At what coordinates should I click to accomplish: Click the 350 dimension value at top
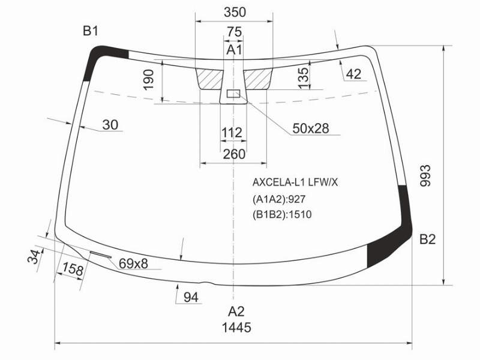(x=235, y=12)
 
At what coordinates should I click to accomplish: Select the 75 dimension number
(x=234, y=32)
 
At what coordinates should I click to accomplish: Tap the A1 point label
(x=234, y=50)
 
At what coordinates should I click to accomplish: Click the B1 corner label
(x=91, y=31)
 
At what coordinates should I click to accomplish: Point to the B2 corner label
(x=427, y=239)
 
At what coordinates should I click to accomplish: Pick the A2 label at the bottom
(x=236, y=311)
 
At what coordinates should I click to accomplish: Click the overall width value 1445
(x=236, y=328)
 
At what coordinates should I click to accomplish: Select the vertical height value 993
(x=425, y=175)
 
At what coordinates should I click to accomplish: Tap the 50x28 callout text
(x=311, y=128)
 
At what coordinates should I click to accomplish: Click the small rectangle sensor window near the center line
(x=233, y=94)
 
